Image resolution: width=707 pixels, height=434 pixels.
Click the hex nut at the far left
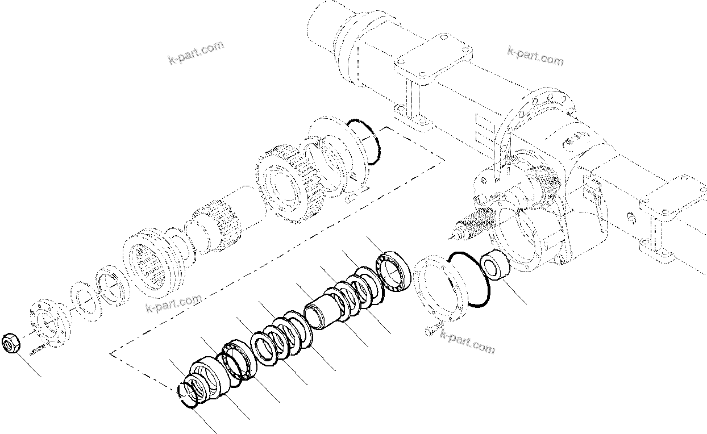12,343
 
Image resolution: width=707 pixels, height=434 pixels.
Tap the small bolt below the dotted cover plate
432,328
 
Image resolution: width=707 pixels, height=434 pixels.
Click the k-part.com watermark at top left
196,52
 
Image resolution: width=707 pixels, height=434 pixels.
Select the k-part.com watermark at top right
535,56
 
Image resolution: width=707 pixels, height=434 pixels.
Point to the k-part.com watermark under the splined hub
174,303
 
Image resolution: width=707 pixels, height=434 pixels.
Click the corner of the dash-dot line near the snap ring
111,354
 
